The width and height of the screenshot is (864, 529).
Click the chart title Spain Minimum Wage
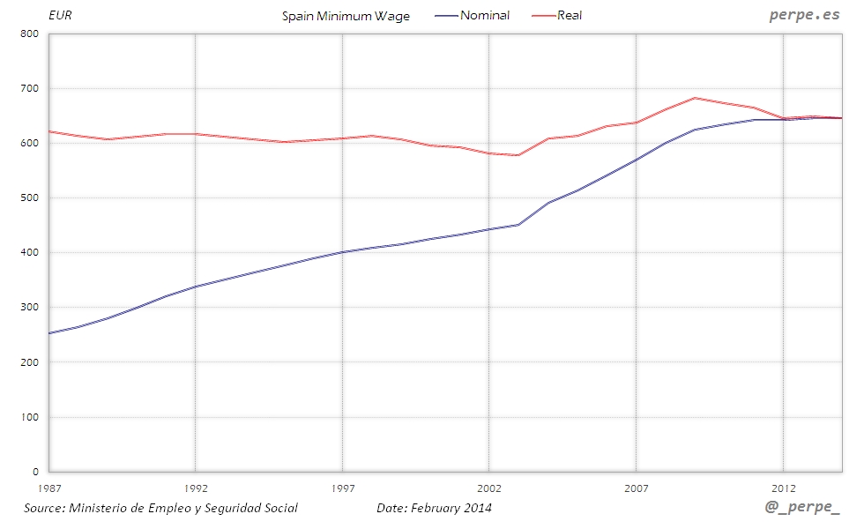click(346, 16)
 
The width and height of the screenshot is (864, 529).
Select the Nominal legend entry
click(484, 15)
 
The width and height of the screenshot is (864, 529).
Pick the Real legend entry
click(570, 15)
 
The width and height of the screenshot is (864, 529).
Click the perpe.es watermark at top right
click(803, 14)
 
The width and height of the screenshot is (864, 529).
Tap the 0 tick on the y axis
click(36, 472)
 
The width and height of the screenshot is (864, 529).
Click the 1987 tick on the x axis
click(48, 488)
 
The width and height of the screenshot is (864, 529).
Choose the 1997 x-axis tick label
click(342, 488)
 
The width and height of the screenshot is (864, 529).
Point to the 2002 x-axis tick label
click(488, 488)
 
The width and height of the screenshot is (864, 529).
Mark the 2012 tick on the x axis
click(783, 488)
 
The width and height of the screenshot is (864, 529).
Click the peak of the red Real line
click(695, 98)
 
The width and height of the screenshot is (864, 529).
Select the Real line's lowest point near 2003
click(518, 155)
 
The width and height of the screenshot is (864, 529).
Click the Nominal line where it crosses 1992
click(195, 287)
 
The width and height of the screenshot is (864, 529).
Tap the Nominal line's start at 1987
click(49, 333)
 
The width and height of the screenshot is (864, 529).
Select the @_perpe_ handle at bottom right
click(803, 510)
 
